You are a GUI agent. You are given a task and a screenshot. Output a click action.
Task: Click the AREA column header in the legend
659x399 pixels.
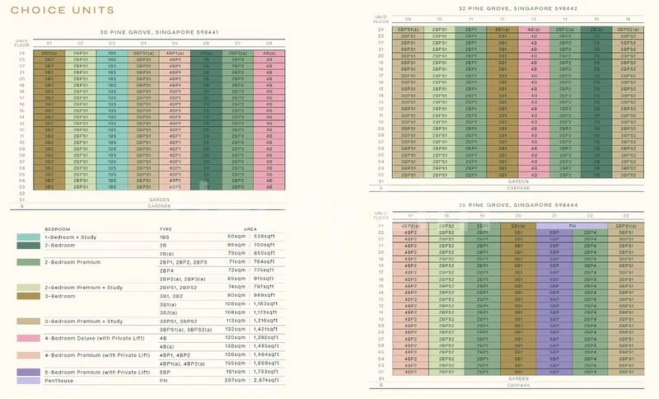pos(251,229)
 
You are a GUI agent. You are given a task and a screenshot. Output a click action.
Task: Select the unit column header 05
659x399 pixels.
pos(174,43)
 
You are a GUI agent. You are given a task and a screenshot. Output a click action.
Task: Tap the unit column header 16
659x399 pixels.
pos(629,18)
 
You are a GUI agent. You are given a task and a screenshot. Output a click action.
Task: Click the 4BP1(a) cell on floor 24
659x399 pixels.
pos(174,52)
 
